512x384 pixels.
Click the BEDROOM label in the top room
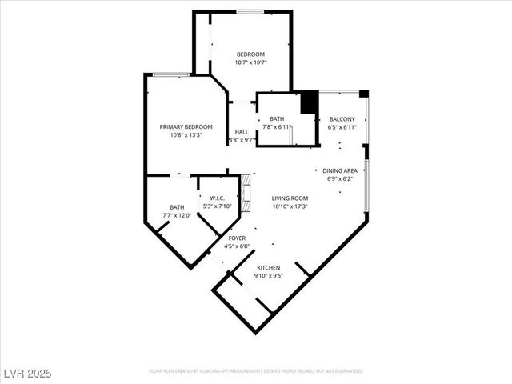click(x=250, y=54)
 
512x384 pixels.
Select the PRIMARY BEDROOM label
click(x=186, y=127)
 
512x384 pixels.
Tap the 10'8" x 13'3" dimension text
click(x=186, y=135)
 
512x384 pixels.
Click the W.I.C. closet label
click(x=217, y=198)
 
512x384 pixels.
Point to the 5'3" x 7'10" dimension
click(x=217, y=206)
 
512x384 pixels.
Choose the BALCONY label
click(x=342, y=119)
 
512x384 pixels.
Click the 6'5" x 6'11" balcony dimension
click(x=342, y=127)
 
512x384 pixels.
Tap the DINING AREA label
click(x=339, y=170)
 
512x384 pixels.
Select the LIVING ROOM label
click(x=290, y=198)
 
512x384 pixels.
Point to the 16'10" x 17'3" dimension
click(x=290, y=206)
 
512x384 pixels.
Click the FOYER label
click(x=237, y=238)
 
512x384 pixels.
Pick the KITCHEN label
click(x=268, y=268)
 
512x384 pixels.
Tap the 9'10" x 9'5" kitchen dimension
click(x=268, y=276)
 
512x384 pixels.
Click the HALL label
click(x=241, y=132)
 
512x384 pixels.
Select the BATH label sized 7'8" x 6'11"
click(x=277, y=119)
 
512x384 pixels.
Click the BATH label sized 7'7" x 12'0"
click(x=177, y=207)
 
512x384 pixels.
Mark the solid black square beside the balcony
click(x=310, y=103)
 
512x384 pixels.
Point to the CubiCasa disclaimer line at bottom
click(x=256, y=371)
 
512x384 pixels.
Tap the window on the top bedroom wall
click(x=250, y=11)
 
